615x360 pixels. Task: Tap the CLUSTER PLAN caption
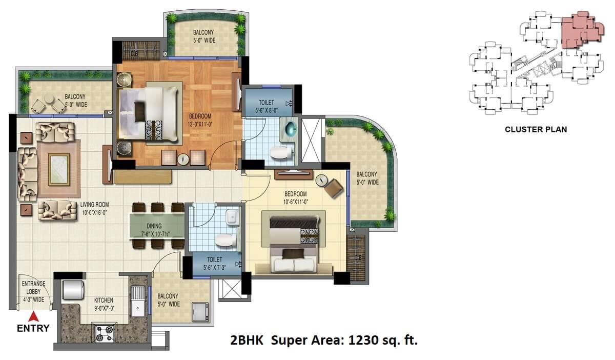pyautogui.click(x=536, y=129)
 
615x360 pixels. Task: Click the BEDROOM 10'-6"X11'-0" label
pyautogui.click(x=296, y=198)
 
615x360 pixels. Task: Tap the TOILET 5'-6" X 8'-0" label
pyautogui.click(x=266, y=106)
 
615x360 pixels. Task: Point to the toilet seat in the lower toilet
pyautogui.click(x=224, y=239)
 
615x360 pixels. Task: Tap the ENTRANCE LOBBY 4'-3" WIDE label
pyautogui.click(x=33, y=291)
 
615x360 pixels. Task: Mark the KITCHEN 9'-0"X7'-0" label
pyautogui.click(x=104, y=304)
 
